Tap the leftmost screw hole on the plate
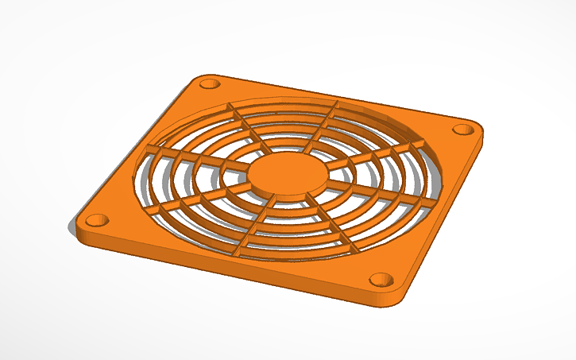click(95, 219)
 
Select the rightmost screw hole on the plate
click(462, 130)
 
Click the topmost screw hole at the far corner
click(209, 84)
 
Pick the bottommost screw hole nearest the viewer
click(382, 280)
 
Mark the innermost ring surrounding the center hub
click(238, 184)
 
